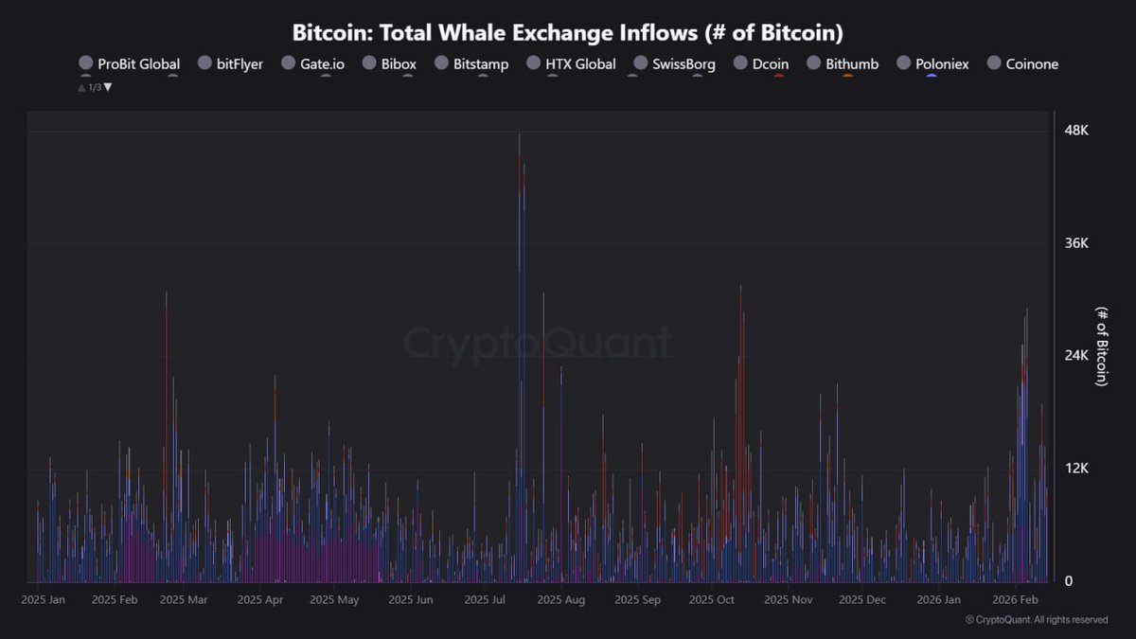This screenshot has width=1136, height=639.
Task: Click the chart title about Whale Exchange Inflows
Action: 567,32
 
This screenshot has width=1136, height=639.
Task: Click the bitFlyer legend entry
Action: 231,64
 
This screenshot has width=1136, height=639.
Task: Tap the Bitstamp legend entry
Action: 471,64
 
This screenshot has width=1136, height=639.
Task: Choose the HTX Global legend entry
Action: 572,64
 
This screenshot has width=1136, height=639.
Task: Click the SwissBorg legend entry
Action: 674,64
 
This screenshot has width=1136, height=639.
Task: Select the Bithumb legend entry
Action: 843,64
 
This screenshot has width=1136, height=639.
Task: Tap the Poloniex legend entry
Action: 932,64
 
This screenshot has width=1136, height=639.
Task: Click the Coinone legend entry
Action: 1022,64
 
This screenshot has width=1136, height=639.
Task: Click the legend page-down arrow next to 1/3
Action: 108,87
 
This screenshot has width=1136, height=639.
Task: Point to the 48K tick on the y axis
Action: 1076,131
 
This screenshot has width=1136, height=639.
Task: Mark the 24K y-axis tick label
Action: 1076,356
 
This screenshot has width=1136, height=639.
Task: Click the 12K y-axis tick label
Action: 1076,469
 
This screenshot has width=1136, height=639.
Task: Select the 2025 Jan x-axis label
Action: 43,599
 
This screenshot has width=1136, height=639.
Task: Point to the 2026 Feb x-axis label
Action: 1016,599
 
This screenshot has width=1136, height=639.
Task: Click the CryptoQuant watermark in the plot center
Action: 537,344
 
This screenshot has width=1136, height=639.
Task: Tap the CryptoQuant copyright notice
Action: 1036,620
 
